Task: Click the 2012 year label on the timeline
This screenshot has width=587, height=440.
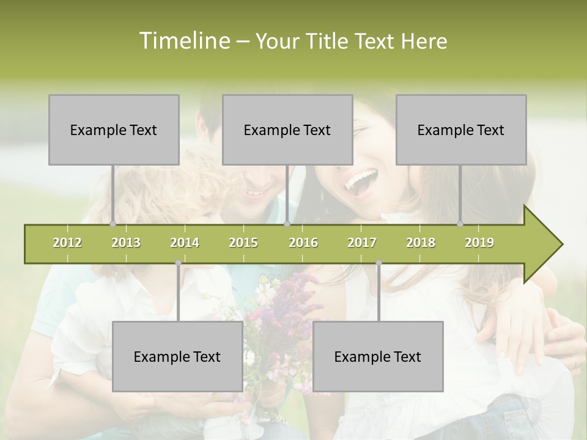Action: pyautogui.click(x=67, y=243)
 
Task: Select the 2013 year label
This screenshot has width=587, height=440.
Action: pyautogui.click(x=126, y=243)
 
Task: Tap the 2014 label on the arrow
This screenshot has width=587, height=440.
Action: pyautogui.click(x=185, y=243)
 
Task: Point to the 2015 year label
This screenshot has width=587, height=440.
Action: pyautogui.click(x=243, y=243)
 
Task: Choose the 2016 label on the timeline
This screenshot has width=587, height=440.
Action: pyautogui.click(x=303, y=243)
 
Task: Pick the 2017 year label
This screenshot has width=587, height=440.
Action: pyautogui.click(x=362, y=243)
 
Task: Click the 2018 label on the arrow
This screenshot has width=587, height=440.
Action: pyautogui.click(x=421, y=243)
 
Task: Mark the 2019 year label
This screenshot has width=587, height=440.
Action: pyautogui.click(x=479, y=243)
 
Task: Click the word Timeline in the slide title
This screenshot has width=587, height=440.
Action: pyautogui.click(x=183, y=41)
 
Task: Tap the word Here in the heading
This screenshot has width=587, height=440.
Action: pyautogui.click(x=424, y=42)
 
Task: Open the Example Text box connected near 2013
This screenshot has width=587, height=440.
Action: pyautogui.click(x=114, y=130)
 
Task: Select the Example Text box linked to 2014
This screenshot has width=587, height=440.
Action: pyautogui.click(x=177, y=356)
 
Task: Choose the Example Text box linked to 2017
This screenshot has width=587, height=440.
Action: pyautogui.click(x=378, y=356)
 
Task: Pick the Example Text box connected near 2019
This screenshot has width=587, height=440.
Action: pyautogui.click(x=461, y=130)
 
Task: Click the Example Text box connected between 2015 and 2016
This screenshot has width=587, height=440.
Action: pyautogui.click(x=287, y=130)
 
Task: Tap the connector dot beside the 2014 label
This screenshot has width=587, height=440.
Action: pyautogui.click(x=178, y=263)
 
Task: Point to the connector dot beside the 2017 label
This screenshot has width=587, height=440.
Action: pyautogui.click(x=378, y=263)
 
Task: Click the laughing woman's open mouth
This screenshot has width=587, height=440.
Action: pyautogui.click(x=361, y=181)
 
